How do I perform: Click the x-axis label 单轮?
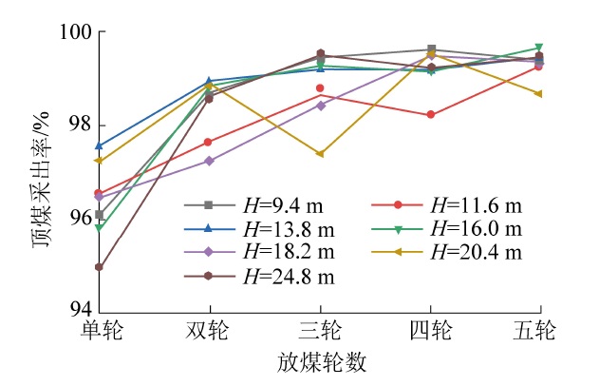point(99,330)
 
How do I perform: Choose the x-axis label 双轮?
point(209,330)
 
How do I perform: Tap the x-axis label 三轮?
point(320,330)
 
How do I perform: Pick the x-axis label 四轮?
point(430,330)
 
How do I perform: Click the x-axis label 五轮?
point(539,330)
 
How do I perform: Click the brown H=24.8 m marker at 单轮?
point(99,267)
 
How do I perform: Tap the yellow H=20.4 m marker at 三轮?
point(320,153)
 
